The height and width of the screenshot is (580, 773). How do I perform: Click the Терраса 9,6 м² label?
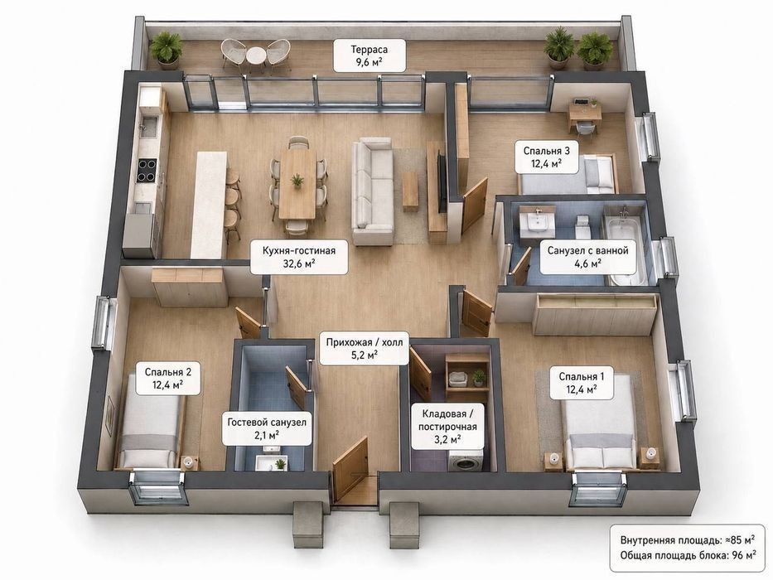pyautogui.click(x=370, y=56)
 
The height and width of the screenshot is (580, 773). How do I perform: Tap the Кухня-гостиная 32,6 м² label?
pyautogui.click(x=299, y=257)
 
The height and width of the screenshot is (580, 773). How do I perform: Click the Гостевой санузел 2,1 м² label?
pyautogui.click(x=267, y=428)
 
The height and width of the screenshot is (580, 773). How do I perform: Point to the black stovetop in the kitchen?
pyautogui.click(x=147, y=170)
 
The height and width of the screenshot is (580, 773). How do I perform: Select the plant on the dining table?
pyautogui.click(x=297, y=181)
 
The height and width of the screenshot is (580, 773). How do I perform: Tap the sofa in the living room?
pyautogui.click(x=372, y=191)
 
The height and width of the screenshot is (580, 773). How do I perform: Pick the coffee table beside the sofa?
pyautogui.click(x=410, y=191)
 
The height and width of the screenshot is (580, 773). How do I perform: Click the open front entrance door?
pyautogui.click(x=350, y=468)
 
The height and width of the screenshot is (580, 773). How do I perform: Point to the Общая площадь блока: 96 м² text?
pyautogui.click(x=688, y=555)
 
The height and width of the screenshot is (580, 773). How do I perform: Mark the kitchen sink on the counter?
pyautogui.click(x=147, y=128)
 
